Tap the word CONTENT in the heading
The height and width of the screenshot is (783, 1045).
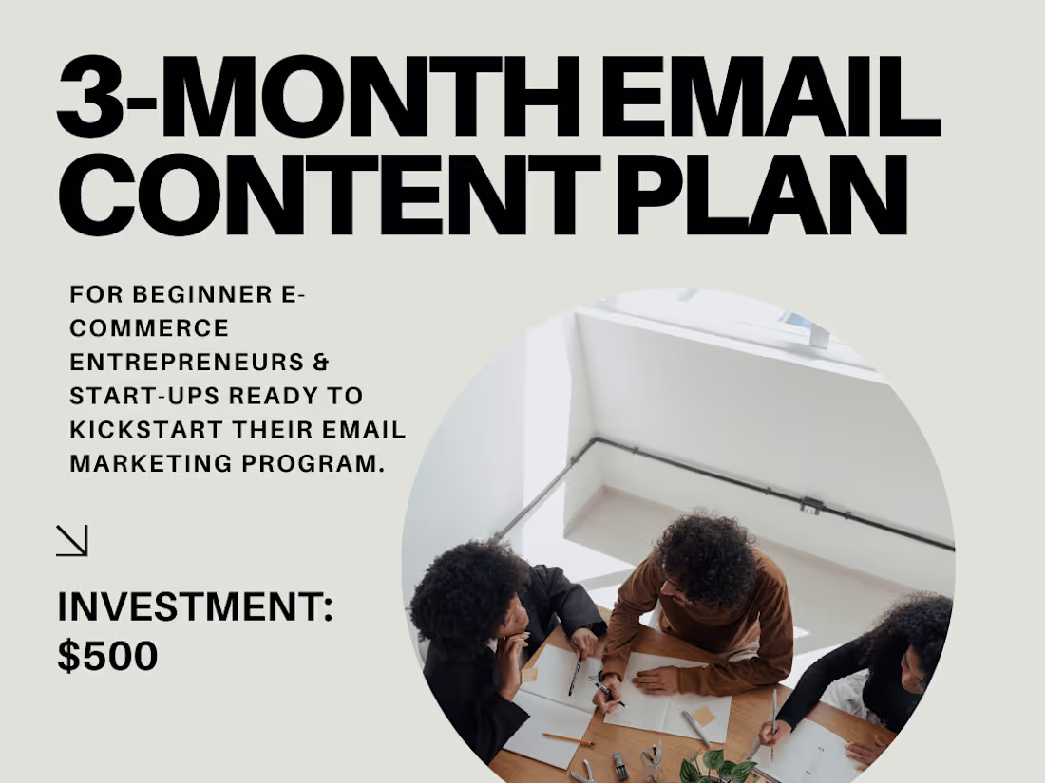(x=329, y=197)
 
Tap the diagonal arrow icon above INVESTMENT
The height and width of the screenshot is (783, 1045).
(x=72, y=541)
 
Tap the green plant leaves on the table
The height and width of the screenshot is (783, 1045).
(x=717, y=767)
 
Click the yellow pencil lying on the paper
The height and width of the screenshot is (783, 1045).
(x=567, y=737)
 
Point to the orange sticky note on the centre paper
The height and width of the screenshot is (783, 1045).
(x=704, y=715)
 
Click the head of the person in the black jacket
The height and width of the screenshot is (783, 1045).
(x=467, y=596)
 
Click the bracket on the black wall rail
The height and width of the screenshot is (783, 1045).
(x=810, y=504)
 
